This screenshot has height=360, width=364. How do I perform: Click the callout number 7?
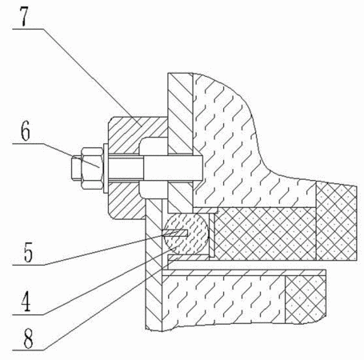[24, 17]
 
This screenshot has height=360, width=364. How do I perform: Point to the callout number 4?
[26, 302]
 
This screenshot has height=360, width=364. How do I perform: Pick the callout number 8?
[28, 338]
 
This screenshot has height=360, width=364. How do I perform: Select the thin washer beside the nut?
[106, 169]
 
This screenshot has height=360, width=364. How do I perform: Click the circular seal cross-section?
[186, 234]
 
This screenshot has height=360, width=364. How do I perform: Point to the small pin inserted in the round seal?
[175, 233]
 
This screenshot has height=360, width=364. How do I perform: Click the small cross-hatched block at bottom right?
[306, 299]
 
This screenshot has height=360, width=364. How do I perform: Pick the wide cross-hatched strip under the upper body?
[266, 234]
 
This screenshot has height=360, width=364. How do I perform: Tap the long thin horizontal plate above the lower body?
[244, 273]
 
